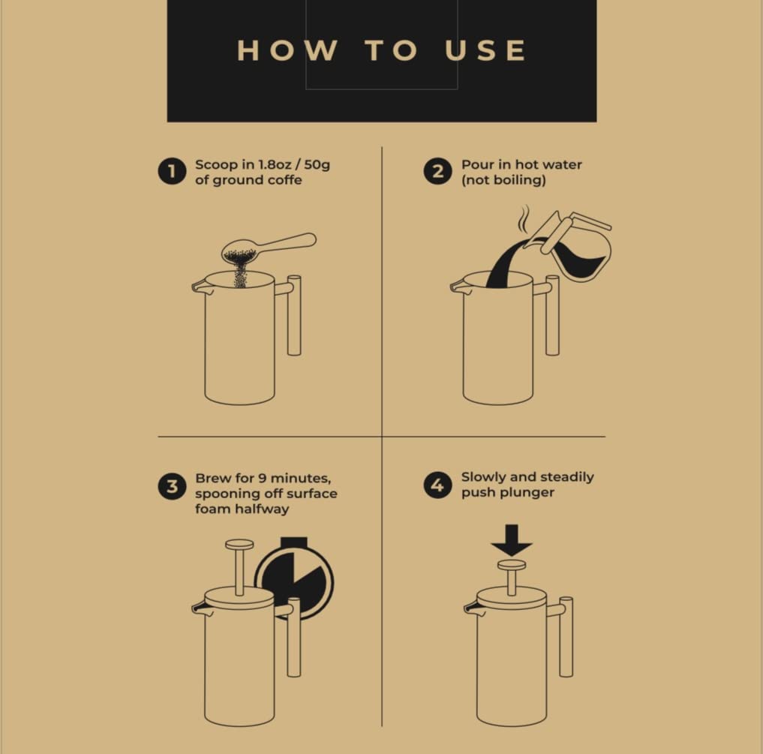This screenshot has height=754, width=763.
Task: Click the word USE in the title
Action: [485, 50]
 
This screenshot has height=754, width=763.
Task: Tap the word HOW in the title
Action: [287, 50]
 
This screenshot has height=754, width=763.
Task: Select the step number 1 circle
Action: [172, 171]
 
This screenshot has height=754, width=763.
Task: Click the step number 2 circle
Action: [437, 171]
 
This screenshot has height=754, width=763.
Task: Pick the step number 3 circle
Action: [172, 486]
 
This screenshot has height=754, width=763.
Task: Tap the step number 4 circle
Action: [437, 485]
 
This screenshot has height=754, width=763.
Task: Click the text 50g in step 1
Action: [317, 165]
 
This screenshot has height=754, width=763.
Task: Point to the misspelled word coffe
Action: [283, 180]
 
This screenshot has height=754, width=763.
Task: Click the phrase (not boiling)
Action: [503, 180]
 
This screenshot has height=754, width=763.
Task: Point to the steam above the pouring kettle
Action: [524, 220]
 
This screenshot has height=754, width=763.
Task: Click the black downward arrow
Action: [512, 540]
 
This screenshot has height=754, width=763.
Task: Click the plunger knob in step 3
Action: [239, 545]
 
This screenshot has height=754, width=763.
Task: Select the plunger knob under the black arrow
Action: [512, 565]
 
